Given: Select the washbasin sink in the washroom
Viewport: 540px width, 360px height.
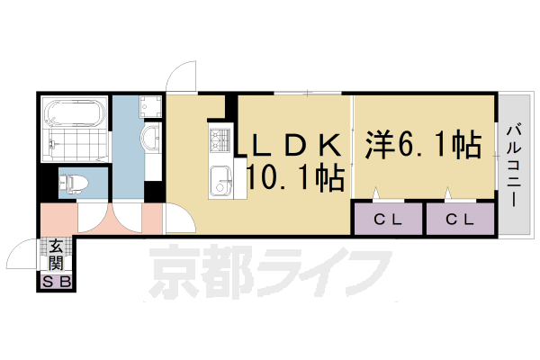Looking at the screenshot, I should [x=150, y=139].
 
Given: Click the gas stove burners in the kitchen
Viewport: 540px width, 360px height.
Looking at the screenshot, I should [x=220, y=140].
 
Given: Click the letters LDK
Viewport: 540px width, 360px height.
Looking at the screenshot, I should [x=294, y=144].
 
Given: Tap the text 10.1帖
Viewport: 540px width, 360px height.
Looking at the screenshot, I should [x=294, y=178].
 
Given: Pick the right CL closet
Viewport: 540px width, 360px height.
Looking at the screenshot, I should [x=460, y=219].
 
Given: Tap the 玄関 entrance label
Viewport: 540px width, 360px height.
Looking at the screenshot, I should [x=56, y=254].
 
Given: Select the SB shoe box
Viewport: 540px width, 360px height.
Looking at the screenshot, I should [x=56, y=283].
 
